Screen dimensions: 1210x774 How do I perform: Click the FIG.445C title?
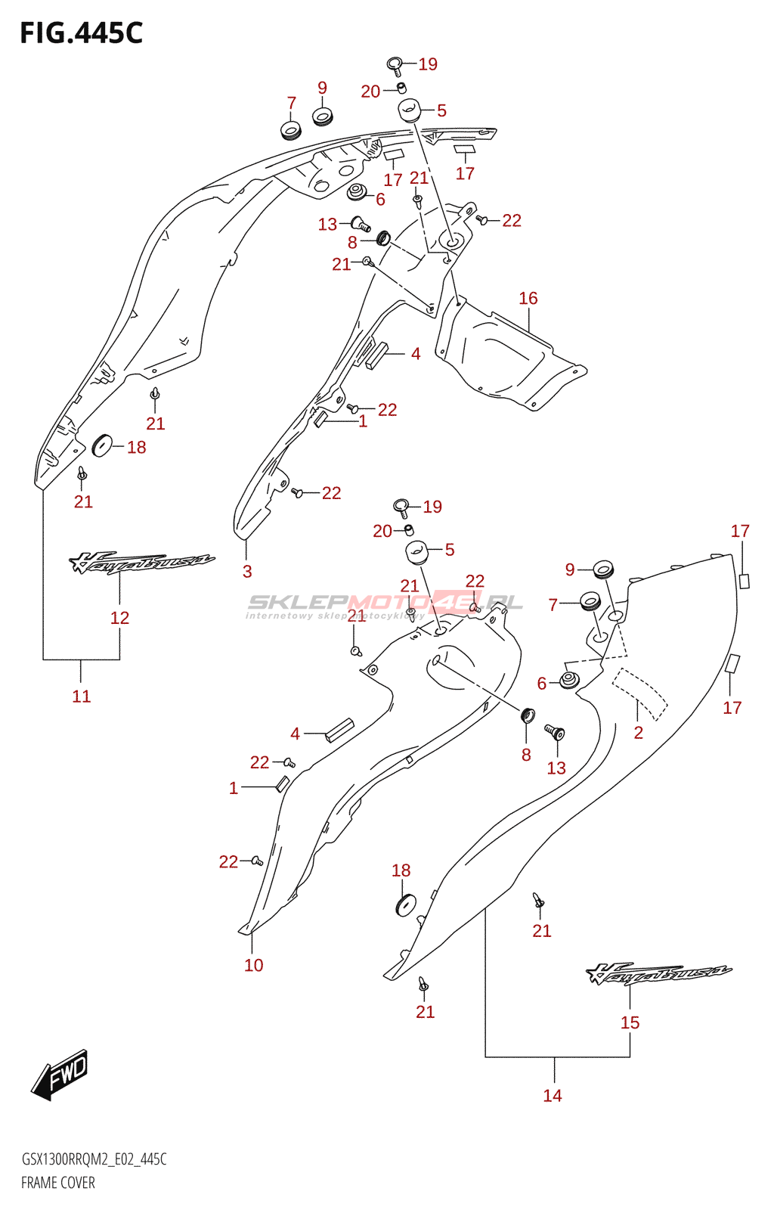[81, 33]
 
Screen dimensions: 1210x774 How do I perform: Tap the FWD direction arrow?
[61, 1073]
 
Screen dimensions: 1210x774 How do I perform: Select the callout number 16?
[528, 299]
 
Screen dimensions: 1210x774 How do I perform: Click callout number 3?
[247, 572]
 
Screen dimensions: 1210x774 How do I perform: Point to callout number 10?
[254, 965]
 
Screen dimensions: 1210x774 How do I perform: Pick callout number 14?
[553, 1095]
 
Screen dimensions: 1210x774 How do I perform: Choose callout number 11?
[82, 696]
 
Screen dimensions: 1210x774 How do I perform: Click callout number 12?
[119, 618]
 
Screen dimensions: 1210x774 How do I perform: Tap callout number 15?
[630, 1022]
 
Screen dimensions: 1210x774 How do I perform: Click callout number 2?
[639, 732]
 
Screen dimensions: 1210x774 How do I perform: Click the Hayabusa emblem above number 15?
[658, 973]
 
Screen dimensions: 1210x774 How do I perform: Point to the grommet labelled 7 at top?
[291, 130]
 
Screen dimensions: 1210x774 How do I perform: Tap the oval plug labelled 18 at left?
[101, 445]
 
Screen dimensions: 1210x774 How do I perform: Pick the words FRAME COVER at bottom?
[58, 1183]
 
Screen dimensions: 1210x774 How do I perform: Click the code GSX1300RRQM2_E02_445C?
[94, 1159]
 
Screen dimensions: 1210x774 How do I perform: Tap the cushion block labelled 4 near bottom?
[339, 730]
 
